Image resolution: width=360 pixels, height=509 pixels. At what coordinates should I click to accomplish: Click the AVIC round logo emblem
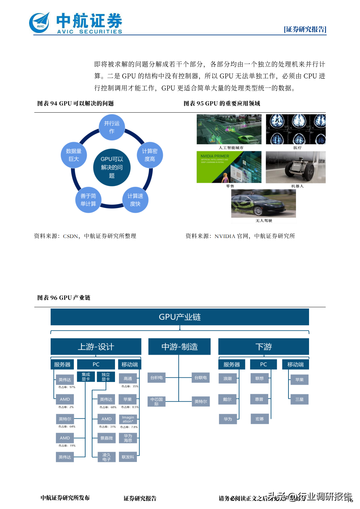(40, 23)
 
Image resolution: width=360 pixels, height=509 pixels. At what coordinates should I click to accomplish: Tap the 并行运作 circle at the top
(112, 127)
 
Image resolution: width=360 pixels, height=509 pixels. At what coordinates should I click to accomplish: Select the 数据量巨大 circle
(74, 155)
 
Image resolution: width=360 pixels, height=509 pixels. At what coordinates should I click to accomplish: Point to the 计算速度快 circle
(135, 200)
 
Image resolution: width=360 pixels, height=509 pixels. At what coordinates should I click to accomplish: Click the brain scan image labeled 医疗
(296, 129)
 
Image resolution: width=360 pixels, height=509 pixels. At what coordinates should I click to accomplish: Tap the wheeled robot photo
(296, 167)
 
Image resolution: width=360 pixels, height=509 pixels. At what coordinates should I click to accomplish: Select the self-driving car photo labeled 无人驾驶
(263, 203)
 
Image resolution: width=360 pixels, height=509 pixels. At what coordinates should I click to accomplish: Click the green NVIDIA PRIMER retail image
(229, 167)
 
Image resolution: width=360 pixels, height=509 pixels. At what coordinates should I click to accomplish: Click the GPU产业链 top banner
(180, 317)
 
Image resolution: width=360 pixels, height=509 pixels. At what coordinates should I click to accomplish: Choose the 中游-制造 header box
(179, 347)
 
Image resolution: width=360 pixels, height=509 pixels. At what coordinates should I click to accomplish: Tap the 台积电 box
(156, 378)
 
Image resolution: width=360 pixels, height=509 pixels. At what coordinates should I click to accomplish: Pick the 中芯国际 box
(156, 402)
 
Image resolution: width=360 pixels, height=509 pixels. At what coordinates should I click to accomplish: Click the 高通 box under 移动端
(128, 379)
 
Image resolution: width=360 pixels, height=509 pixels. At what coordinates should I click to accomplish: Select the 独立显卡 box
(106, 377)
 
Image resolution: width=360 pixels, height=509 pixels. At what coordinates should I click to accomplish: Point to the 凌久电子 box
(106, 457)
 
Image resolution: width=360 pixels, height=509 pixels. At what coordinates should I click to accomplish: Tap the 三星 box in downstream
(299, 399)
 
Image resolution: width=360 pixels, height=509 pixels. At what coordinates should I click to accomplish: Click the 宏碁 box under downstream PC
(259, 419)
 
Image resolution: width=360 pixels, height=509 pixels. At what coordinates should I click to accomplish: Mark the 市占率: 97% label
(67, 387)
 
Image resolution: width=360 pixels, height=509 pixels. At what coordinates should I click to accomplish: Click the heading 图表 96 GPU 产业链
(64, 298)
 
